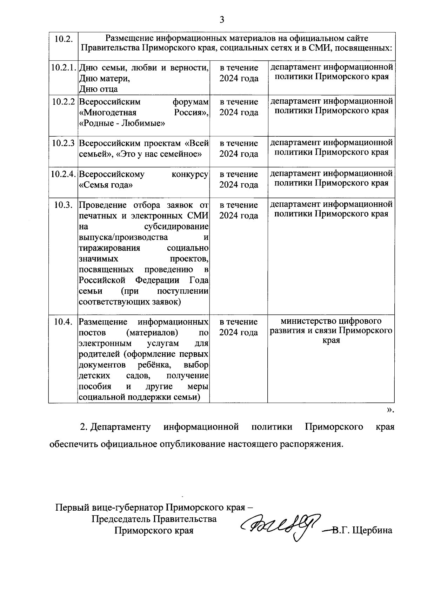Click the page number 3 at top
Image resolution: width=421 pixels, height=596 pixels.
(x=222, y=20)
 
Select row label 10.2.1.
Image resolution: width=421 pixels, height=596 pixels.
(x=63, y=67)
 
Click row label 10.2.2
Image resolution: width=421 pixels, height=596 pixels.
(x=63, y=102)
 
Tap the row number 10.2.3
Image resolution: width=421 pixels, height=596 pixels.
(x=63, y=143)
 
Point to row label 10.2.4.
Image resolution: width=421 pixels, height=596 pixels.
(x=63, y=174)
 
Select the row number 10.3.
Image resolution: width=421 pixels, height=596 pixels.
(x=63, y=205)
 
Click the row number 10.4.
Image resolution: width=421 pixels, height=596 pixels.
(x=63, y=322)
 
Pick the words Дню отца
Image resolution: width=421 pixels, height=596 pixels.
(x=99, y=89)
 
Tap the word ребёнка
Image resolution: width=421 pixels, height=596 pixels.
(x=154, y=365)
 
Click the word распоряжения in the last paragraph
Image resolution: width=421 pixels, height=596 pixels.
(x=311, y=444)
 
